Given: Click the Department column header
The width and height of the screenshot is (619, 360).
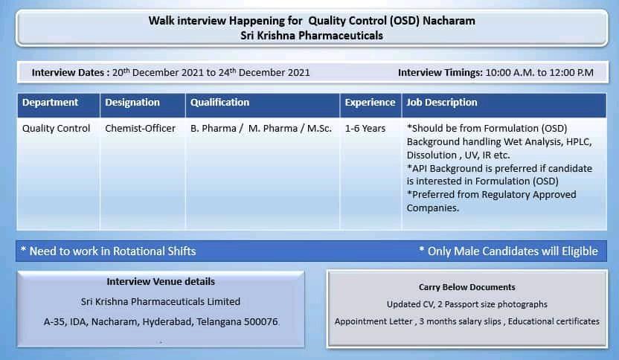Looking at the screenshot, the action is (50, 103).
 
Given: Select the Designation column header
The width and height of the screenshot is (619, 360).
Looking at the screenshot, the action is (132, 103).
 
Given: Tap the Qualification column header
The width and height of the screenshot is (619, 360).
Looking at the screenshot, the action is (220, 103).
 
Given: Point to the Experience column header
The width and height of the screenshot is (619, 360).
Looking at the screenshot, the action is (370, 103).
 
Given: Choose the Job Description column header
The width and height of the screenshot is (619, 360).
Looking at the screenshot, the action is (442, 103).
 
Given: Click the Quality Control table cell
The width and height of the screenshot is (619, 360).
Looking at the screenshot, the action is (56, 129).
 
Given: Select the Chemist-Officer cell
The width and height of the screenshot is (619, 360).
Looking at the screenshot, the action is (140, 128).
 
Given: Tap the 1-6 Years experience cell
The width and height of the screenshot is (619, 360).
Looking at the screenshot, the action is (365, 128).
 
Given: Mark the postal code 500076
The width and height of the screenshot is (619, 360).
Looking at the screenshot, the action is (260, 322).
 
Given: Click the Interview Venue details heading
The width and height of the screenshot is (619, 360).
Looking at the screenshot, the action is (161, 281).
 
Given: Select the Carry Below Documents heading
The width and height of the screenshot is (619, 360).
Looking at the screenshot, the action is (467, 287).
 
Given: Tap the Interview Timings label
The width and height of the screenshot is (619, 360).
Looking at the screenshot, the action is (440, 73).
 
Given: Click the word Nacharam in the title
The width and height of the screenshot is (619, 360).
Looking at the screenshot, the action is (449, 21).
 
